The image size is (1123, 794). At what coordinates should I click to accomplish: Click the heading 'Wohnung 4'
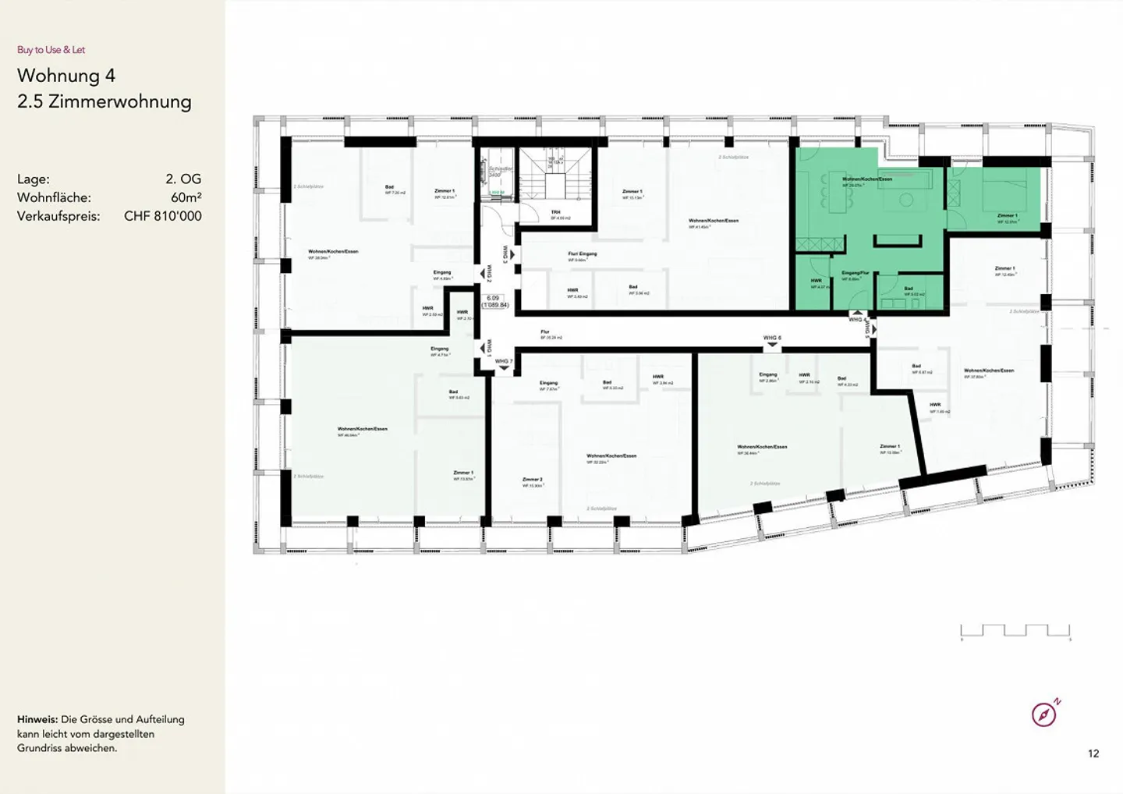(x=66, y=76)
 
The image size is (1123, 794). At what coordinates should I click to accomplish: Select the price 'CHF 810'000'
(x=162, y=216)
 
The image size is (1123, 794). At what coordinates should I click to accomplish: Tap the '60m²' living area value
(x=186, y=197)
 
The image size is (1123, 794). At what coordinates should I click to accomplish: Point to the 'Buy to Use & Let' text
(x=51, y=50)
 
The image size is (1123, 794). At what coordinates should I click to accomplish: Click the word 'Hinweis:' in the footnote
(x=37, y=719)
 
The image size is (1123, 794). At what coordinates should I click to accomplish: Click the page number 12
(x=1093, y=753)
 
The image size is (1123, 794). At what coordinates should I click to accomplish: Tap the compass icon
(x=1044, y=714)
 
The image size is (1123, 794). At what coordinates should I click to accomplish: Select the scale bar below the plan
(x=1015, y=631)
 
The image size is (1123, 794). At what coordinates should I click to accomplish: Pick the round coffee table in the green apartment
(x=905, y=200)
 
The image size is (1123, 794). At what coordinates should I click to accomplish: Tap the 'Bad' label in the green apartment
(x=909, y=289)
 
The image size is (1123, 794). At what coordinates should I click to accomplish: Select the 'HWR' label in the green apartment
(x=816, y=281)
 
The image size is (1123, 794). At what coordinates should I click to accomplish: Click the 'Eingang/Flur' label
(x=856, y=273)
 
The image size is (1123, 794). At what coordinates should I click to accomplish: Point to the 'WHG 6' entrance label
(x=772, y=338)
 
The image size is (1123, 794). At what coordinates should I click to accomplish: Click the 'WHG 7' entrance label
(x=503, y=361)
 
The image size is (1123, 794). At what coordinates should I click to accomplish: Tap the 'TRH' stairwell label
(x=555, y=212)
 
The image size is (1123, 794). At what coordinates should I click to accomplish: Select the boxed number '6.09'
(x=493, y=298)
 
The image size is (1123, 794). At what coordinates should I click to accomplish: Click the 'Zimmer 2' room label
(x=533, y=480)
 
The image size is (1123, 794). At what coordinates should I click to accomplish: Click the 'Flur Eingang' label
(x=583, y=253)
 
